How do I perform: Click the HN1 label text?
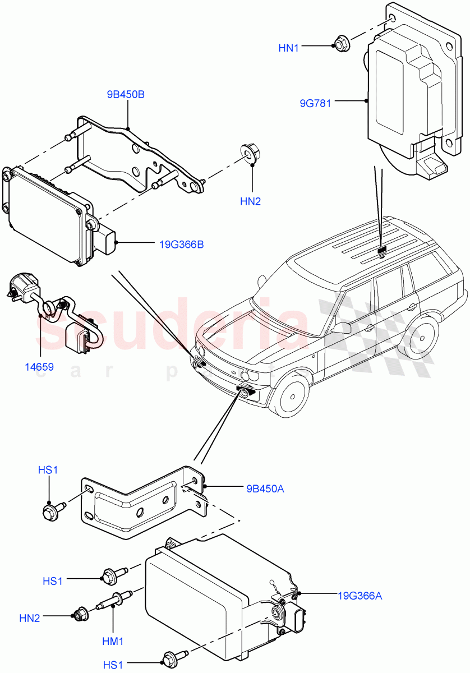click(x=289, y=48)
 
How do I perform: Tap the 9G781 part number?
click(x=315, y=103)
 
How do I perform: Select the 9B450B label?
click(x=126, y=95)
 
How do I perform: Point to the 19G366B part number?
click(x=181, y=244)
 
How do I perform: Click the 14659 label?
click(x=39, y=367)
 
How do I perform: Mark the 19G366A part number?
click(x=360, y=596)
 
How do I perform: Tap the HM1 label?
click(x=113, y=640)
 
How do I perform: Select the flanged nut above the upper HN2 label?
click(x=250, y=153)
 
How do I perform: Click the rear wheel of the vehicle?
click(x=419, y=339)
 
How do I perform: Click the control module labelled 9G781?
click(x=404, y=95)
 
